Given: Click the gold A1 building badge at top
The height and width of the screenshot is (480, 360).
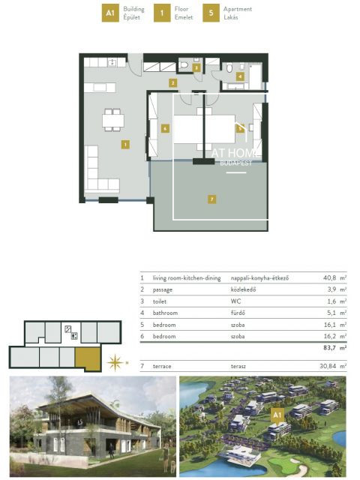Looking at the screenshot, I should tap(110, 13).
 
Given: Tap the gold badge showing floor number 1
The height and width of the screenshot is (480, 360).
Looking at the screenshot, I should tap(160, 13).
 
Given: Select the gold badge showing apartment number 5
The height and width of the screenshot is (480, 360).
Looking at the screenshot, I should tap(211, 13).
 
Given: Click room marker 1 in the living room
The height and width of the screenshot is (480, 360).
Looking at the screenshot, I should tap(125, 143).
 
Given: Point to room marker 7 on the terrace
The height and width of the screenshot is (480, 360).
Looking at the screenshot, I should tap(212, 199).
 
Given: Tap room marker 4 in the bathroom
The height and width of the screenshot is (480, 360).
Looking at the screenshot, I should tap(240, 76).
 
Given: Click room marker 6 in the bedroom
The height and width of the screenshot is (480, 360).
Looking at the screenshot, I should tap(164, 127).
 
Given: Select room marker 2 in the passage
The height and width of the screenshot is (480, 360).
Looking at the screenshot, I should tap(172, 83).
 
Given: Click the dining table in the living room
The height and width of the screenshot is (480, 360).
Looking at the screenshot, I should tap(113, 118).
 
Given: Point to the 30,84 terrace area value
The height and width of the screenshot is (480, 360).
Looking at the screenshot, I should tap(328, 366).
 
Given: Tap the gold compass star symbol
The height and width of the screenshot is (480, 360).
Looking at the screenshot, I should tap(115, 364).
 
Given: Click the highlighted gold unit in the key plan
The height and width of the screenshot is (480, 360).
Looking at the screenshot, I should tap(89, 358).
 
